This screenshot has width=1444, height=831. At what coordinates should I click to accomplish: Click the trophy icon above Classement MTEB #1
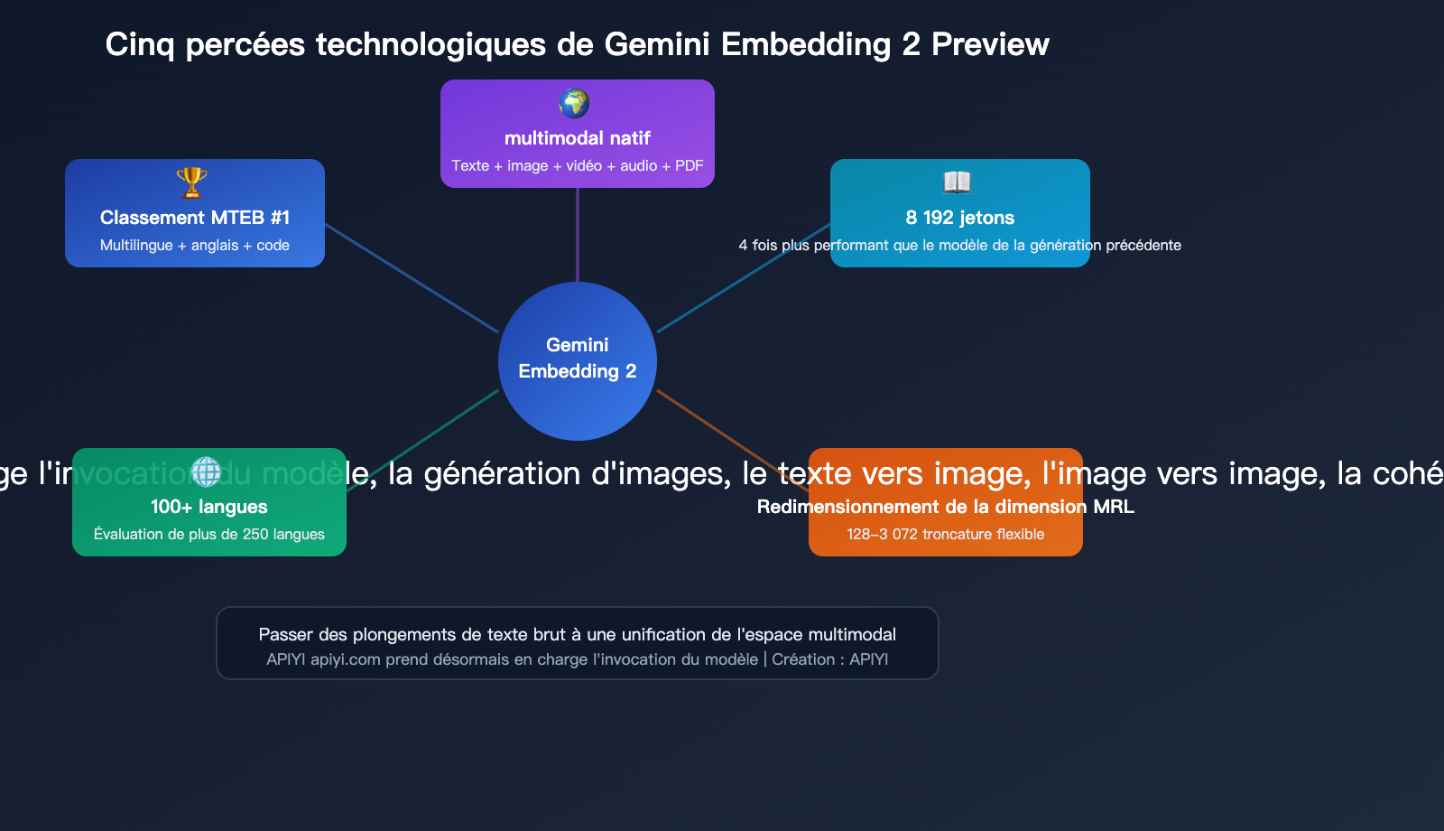(191, 182)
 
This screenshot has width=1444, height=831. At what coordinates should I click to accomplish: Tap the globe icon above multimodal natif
(574, 104)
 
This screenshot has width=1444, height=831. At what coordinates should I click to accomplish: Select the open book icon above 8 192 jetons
(957, 182)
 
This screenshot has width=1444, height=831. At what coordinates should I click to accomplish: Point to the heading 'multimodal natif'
(578, 138)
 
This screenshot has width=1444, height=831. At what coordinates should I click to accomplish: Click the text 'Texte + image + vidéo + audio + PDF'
(578, 166)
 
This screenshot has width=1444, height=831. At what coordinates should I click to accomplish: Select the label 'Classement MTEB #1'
(195, 218)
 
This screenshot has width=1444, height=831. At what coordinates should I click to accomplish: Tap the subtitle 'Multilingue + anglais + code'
(195, 246)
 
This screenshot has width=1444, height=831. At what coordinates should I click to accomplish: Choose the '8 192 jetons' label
(960, 218)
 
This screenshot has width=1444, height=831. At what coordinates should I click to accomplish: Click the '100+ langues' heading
(209, 507)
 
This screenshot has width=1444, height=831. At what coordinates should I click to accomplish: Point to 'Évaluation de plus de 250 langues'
(209, 535)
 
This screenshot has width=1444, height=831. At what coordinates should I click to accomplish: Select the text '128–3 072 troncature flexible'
(946, 535)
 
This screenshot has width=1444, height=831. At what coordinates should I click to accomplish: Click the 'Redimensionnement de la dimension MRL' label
(946, 507)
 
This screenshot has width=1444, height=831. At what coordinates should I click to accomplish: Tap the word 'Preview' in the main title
(990, 44)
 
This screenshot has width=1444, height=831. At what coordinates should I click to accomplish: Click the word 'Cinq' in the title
(140, 44)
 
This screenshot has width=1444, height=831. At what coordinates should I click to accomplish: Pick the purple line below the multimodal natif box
(578, 235)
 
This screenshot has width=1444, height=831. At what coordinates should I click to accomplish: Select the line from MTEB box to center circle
(412, 278)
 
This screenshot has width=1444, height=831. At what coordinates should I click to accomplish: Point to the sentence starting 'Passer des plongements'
(578, 635)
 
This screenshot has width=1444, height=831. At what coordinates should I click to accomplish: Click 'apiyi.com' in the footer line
(346, 659)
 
